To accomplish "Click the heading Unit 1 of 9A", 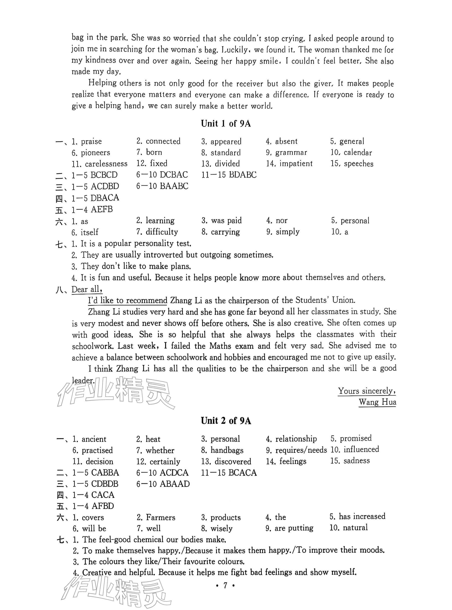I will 226,124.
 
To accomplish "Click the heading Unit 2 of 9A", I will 226,421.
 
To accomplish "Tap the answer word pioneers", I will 95,152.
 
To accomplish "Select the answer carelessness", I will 106,164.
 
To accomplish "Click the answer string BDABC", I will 243,175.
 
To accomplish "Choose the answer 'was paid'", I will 226,221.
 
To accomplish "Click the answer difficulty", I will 162,232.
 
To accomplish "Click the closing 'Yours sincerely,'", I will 367,391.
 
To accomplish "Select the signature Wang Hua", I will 377,402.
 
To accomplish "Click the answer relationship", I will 296,439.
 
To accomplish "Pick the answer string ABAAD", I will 175,484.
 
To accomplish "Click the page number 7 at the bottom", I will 225,585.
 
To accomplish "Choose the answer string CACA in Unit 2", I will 103,495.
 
